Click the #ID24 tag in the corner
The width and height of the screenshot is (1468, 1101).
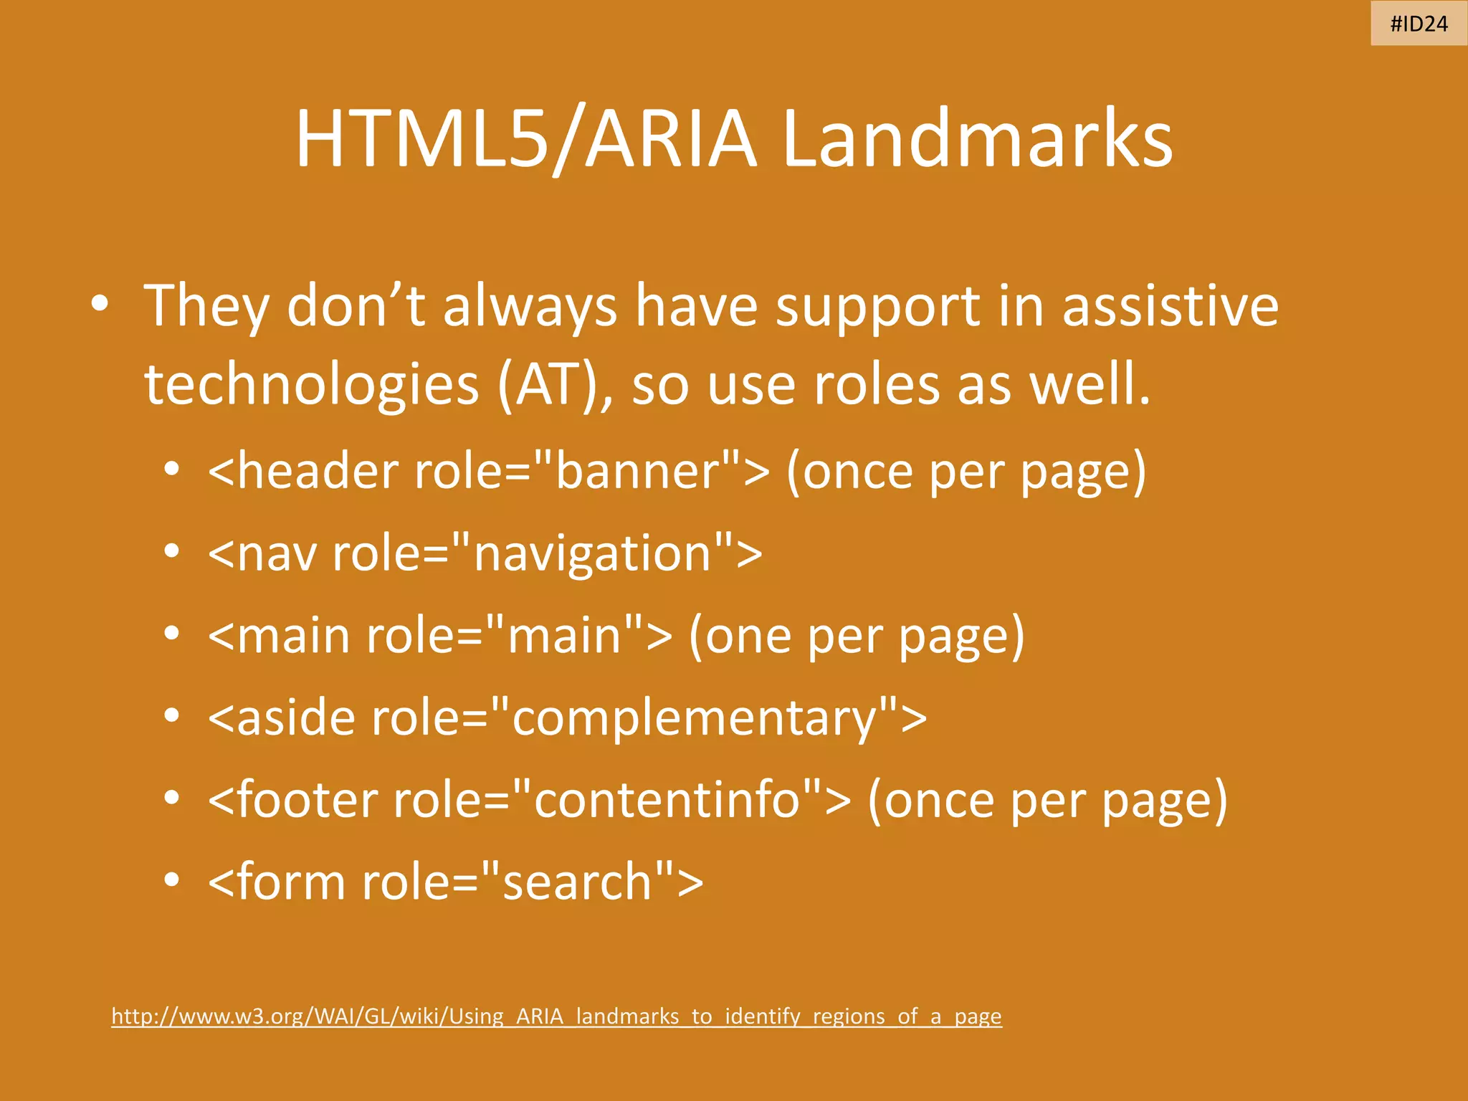[1419, 24]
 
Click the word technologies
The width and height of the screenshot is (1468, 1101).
[311, 385]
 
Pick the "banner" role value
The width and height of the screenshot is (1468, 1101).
[638, 472]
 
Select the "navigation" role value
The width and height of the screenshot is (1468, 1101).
[594, 554]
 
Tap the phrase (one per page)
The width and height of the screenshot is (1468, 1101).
[857, 637]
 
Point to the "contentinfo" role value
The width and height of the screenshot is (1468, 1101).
[667, 801]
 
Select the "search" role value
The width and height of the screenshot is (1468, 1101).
[577, 882]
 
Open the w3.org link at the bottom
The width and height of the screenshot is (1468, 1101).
[556, 1016]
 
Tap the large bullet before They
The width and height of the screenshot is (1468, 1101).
[100, 304]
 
